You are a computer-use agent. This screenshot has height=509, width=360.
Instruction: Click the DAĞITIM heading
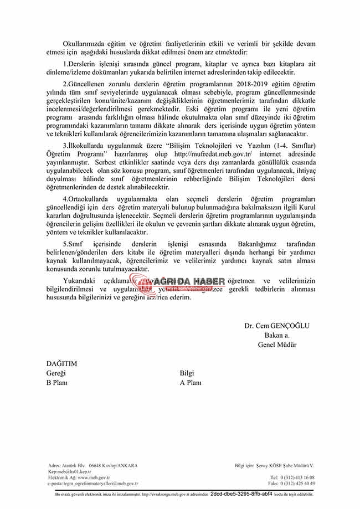tap(61, 364)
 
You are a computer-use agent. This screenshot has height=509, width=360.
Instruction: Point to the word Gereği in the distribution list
tap(56, 373)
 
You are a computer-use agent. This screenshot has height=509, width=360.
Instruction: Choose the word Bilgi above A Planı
tap(188, 373)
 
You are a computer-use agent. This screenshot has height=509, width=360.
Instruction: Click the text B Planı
tap(57, 382)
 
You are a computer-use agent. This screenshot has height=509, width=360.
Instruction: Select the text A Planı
tap(191, 382)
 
